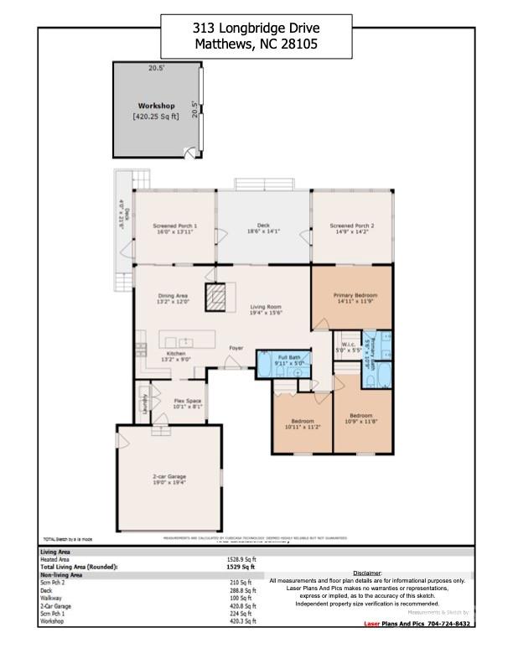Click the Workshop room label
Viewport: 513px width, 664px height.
click(156, 106)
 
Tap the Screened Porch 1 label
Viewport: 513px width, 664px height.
click(175, 226)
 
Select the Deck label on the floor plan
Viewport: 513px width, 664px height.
click(263, 226)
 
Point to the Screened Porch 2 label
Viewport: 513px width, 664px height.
click(352, 226)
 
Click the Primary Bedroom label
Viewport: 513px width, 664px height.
click(355, 296)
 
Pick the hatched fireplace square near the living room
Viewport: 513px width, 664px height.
click(216, 297)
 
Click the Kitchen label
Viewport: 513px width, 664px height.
click(176, 354)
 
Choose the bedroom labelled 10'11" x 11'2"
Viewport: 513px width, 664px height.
click(303, 421)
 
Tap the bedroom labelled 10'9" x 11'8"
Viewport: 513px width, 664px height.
click(361, 416)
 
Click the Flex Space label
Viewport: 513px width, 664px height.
click(188, 402)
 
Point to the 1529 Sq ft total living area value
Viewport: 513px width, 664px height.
click(242, 568)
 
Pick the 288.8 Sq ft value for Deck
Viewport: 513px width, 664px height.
click(242, 590)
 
